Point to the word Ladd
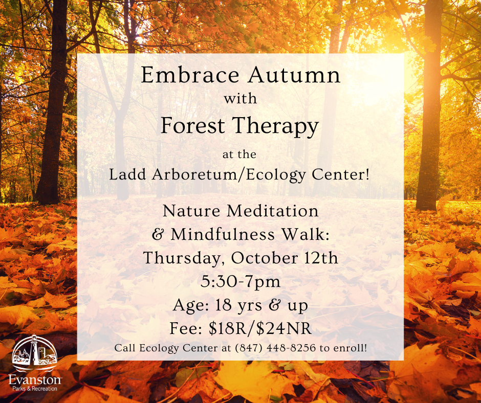(x=126, y=175)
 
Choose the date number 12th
(x=320, y=258)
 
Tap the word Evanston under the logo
(x=35, y=379)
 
